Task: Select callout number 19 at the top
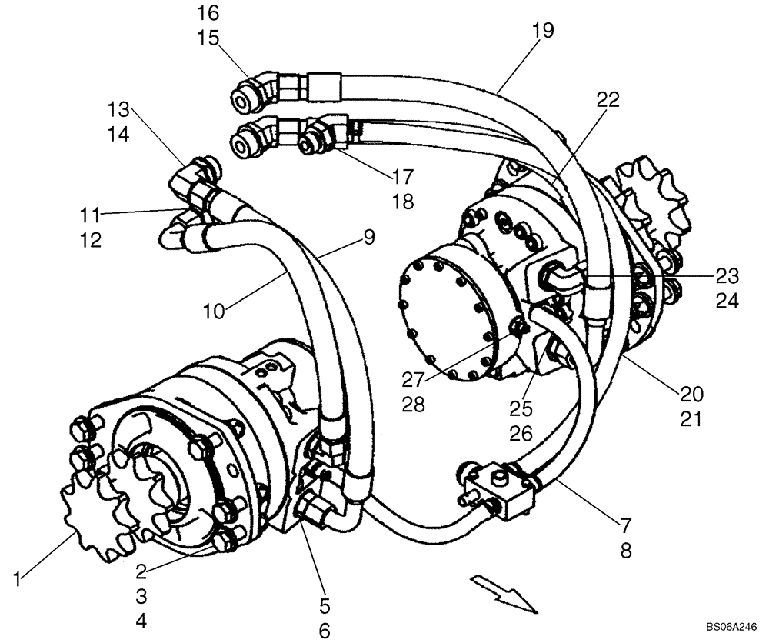[542, 31]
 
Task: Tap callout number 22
[607, 99]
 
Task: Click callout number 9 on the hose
[369, 238]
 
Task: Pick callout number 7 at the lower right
[625, 526]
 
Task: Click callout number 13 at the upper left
[120, 107]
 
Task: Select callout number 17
[403, 177]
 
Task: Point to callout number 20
[691, 394]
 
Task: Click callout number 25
[521, 408]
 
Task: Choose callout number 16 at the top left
[208, 12]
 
